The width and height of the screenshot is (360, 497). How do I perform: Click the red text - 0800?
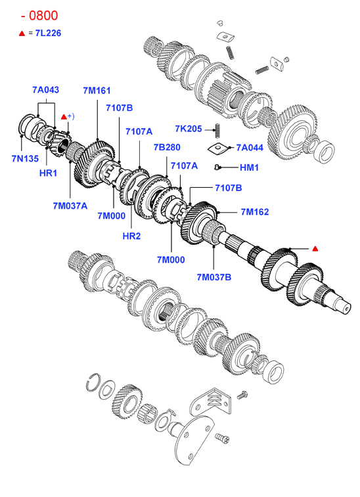click(x=39, y=16)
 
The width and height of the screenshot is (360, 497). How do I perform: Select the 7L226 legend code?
click(x=48, y=33)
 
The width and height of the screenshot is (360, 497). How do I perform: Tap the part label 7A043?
click(x=46, y=90)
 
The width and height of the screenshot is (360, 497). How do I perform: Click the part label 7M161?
click(x=97, y=91)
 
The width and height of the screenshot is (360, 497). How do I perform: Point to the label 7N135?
click(x=25, y=158)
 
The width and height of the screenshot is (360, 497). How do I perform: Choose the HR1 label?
click(x=48, y=173)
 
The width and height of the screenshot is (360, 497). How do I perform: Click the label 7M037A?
click(x=70, y=206)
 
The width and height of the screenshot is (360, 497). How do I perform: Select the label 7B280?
click(x=167, y=147)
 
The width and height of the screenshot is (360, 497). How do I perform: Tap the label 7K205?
click(x=189, y=129)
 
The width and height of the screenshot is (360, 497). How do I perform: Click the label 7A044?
click(x=250, y=148)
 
